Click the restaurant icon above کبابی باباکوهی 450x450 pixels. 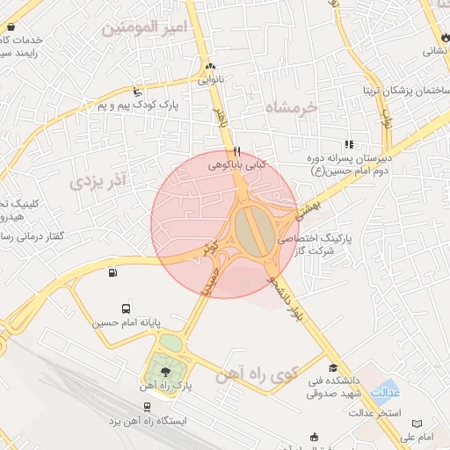[x=237, y=150]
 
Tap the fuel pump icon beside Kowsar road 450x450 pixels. [x=112, y=272]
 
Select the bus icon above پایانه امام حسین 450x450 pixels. [x=127, y=309]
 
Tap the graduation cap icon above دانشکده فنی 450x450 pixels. [x=332, y=368]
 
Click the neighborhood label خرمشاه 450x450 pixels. [x=294, y=107]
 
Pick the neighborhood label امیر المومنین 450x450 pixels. [x=145, y=28]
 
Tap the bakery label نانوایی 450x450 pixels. [x=210, y=80]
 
